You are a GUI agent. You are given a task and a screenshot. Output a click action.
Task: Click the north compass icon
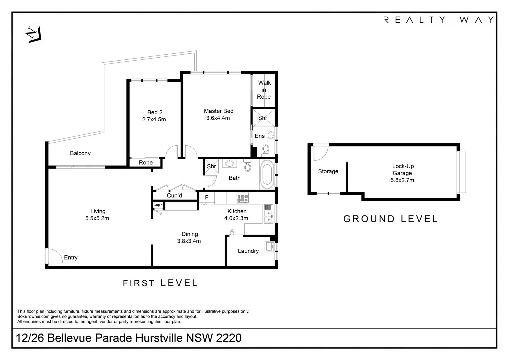34,35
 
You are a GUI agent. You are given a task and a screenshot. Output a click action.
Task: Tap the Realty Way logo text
439,20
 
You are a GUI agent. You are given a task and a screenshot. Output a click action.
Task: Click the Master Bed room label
219,111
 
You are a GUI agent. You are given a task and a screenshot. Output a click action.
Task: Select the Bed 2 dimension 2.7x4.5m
154,119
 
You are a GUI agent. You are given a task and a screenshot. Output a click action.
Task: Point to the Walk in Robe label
264,90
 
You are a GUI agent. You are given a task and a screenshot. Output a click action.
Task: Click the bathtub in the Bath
267,175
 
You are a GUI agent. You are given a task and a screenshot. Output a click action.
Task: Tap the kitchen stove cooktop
243,198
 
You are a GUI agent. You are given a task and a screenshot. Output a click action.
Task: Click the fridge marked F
207,197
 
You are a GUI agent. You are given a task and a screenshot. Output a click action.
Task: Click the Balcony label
80,153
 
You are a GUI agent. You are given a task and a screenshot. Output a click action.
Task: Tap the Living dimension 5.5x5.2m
97,218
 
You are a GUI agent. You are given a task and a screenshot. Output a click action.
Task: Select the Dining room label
190,234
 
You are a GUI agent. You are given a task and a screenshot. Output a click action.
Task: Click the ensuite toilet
265,151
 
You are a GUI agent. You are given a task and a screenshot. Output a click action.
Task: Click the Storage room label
328,171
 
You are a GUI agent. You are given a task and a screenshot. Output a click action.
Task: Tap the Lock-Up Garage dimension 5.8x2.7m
402,180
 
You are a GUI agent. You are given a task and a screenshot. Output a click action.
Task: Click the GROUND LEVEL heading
390,219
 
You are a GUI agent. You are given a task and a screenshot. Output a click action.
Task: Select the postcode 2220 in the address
229,338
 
